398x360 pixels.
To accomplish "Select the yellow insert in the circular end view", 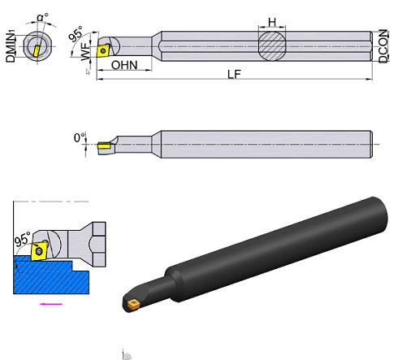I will pyautogui.click(x=35, y=48).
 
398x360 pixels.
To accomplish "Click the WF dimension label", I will pyautogui.click(x=86, y=53).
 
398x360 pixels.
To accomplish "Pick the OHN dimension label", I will pyautogui.click(x=123, y=65).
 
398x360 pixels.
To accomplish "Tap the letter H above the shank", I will pyautogui.click(x=273, y=21).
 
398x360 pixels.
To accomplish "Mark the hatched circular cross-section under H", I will pyautogui.click(x=273, y=44).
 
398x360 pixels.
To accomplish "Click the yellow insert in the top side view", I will pyautogui.click(x=105, y=49).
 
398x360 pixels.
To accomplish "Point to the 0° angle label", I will pyautogui.click(x=80, y=138).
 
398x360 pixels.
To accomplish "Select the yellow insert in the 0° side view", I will pyautogui.click(x=104, y=147).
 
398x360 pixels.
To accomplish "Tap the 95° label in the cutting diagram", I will pyautogui.click(x=22, y=241).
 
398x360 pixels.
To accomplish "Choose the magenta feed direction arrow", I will pyautogui.click(x=51, y=305).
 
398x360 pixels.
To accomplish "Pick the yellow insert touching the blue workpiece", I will pyautogui.click(x=37, y=253).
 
